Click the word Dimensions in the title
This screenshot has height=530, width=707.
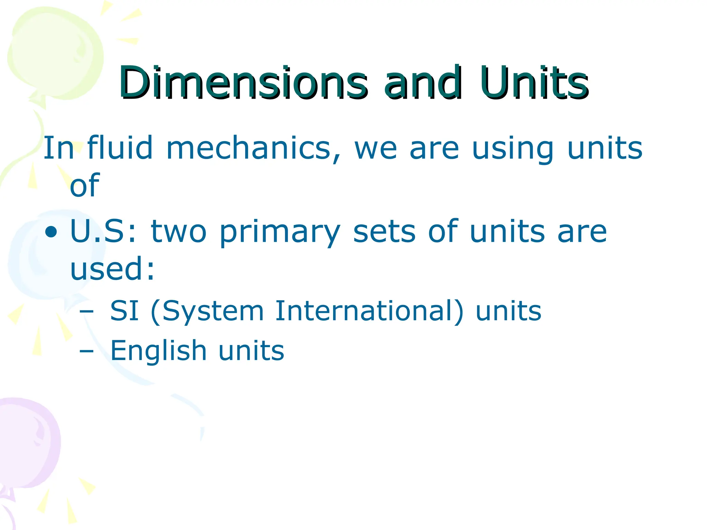pyautogui.click(x=243, y=83)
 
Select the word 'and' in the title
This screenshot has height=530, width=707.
pyautogui.click(x=423, y=83)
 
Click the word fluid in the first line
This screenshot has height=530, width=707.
pyautogui.click(x=120, y=148)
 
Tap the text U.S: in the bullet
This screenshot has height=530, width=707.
pyautogui.click(x=103, y=232)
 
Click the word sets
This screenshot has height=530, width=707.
pyautogui.click(x=384, y=232)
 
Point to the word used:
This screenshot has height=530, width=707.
pyautogui.click(x=113, y=269)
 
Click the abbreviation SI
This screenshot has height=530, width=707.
pyautogui.click(x=124, y=311)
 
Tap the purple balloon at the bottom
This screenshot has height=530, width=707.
pyautogui.click(x=28, y=445)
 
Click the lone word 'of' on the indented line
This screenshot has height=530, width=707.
pyautogui.click(x=85, y=185)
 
